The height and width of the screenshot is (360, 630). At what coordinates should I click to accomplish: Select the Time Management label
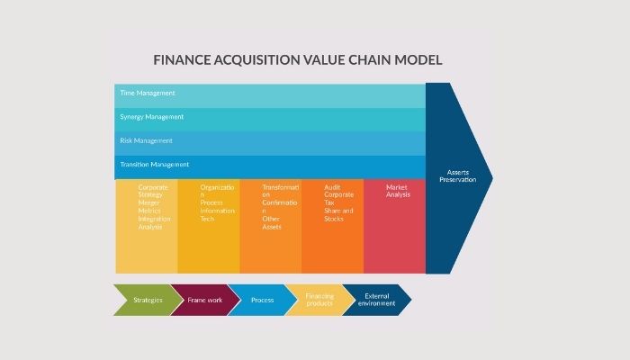[148, 94]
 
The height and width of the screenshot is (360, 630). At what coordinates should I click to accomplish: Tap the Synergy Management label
[151, 117]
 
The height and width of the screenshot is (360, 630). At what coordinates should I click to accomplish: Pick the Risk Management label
[146, 140]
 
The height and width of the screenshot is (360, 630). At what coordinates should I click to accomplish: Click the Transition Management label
[155, 165]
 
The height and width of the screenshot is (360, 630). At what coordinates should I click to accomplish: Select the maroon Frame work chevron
[204, 300]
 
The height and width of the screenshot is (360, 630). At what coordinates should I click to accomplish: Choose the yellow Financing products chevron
[319, 300]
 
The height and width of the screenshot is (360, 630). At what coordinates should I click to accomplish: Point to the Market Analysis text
[398, 191]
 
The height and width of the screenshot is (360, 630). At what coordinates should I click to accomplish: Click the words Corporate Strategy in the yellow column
[152, 191]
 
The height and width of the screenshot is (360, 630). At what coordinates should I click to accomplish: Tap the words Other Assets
[272, 222]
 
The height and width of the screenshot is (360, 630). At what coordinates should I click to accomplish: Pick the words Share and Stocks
[339, 215]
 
